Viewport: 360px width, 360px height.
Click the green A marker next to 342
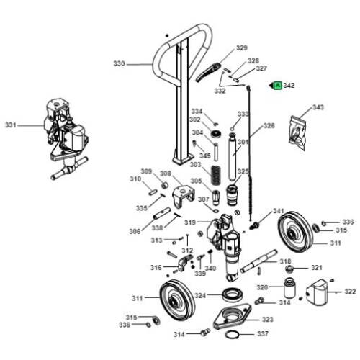coord(278,86)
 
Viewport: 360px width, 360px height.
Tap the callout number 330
coord(119,64)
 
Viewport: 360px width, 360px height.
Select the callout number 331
coord(11,125)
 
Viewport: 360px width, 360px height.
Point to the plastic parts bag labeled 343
coord(298,133)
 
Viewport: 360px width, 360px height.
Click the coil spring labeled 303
coord(216,175)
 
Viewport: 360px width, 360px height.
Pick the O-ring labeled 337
coord(233,335)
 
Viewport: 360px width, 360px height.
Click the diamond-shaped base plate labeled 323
coord(232,316)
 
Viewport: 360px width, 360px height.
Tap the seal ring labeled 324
coord(233,294)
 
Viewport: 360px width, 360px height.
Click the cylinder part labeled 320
coord(289,287)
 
